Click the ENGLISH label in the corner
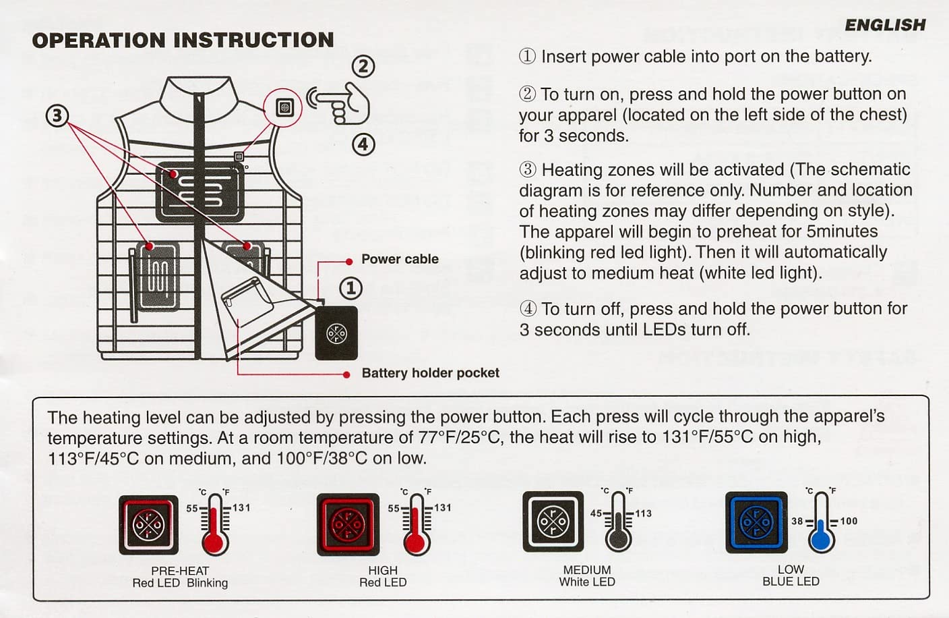(x=885, y=25)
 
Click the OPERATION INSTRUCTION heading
(x=183, y=40)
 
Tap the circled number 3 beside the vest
(x=57, y=116)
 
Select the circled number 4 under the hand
(x=363, y=144)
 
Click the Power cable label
(x=400, y=259)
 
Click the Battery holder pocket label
(x=430, y=373)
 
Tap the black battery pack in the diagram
(x=336, y=333)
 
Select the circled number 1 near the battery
(x=350, y=288)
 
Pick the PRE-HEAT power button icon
(x=148, y=525)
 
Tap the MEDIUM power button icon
(x=553, y=522)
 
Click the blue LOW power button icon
(x=756, y=522)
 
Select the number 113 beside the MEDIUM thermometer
(x=643, y=513)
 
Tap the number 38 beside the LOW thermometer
(x=797, y=521)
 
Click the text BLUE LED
(x=791, y=582)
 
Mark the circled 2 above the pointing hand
(x=363, y=66)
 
